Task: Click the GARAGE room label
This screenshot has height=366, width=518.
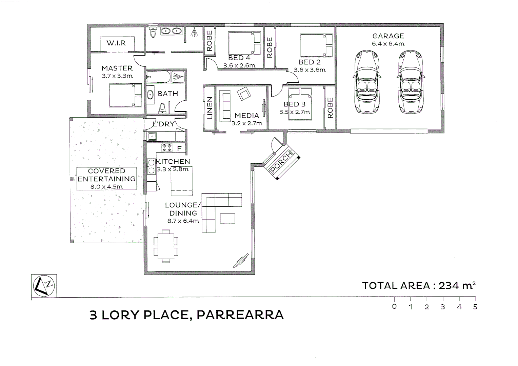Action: point(388,36)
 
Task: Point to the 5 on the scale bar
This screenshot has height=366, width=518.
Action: point(475,307)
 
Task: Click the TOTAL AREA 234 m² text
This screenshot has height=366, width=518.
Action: point(419,286)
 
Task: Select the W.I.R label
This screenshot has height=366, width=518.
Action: point(116,43)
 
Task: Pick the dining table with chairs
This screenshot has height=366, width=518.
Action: point(166,246)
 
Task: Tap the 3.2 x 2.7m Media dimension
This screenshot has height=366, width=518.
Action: point(247,123)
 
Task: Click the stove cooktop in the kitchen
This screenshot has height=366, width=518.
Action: point(167,148)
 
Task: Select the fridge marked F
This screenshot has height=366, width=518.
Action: point(179,148)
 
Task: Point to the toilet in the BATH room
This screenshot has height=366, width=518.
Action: point(162,108)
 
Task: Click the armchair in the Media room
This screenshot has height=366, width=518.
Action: point(244,94)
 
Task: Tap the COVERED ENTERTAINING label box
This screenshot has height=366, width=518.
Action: point(106,179)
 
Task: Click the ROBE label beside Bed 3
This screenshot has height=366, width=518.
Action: point(330,108)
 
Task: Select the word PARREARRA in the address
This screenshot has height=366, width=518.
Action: point(240,315)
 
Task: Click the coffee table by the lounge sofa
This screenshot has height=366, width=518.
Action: point(227,218)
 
